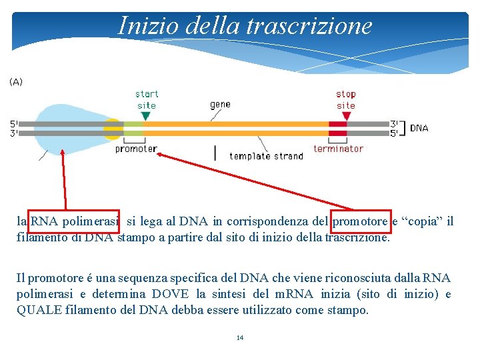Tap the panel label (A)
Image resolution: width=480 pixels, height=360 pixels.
point(16,81)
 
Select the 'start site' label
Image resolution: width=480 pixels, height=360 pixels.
point(147,100)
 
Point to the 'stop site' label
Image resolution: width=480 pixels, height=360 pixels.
point(346,100)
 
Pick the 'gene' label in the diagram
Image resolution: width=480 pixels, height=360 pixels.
point(220,104)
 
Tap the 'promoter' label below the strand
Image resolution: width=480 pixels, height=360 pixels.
point(136,149)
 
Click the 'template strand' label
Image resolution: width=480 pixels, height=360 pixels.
point(266,156)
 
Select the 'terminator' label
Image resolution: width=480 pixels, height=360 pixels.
point(338,149)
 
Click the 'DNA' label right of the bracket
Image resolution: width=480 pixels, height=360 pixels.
point(419,128)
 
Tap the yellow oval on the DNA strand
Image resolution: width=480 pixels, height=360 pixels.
point(113,128)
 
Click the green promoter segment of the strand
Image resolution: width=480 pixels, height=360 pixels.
point(133,128)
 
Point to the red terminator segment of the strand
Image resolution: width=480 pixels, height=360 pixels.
point(338,128)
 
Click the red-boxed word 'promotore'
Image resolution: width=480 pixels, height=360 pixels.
point(360,221)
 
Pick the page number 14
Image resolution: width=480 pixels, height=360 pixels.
point(240,338)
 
